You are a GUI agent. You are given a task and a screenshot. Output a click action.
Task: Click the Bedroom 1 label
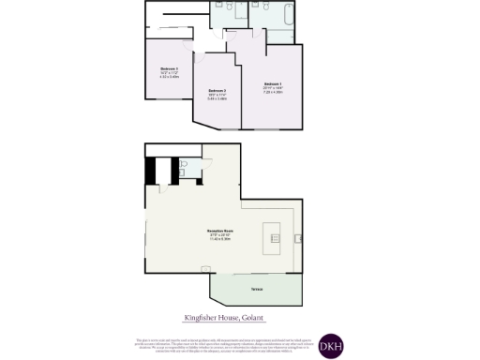point(273,84)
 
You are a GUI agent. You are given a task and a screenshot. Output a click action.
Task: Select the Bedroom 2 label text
point(217,90)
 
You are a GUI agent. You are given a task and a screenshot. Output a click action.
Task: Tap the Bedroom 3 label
point(169,68)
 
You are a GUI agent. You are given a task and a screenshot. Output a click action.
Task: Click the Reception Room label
point(219,231)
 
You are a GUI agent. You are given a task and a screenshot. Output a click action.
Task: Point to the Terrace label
point(256,288)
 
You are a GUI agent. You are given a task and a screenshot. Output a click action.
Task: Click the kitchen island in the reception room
point(274,232)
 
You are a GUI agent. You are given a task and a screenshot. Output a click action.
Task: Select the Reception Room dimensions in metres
point(219,241)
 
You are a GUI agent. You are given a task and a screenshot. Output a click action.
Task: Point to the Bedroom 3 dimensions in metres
point(169,78)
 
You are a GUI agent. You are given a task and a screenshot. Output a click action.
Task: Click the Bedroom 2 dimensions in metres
point(217,98)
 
